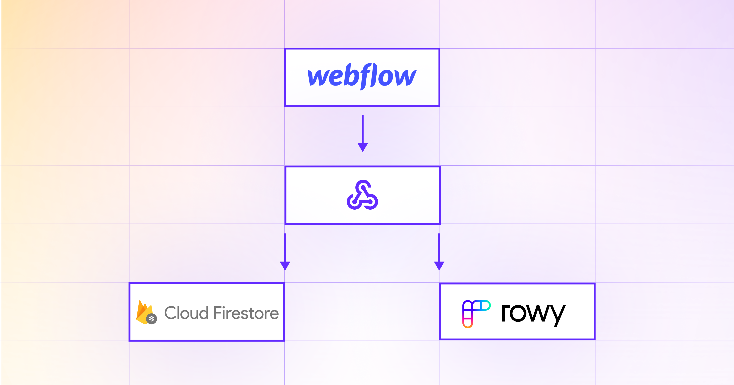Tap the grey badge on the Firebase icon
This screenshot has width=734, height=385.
pyautogui.click(x=151, y=319)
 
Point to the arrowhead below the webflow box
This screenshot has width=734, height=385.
pyautogui.click(x=363, y=147)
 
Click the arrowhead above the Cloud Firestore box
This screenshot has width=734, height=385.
pyautogui.click(x=285, y=266)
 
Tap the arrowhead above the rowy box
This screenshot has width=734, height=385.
pyautogui.click(x=439, y=266)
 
